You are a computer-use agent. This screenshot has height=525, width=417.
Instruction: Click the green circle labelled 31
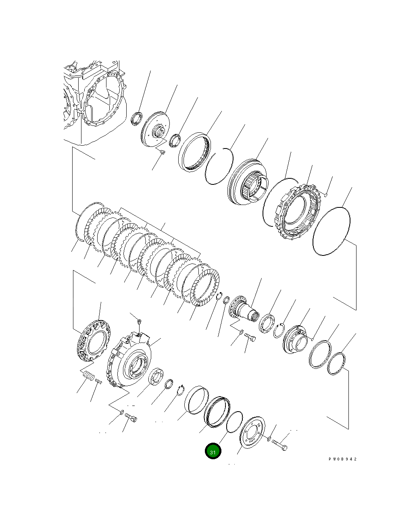coord(213,451)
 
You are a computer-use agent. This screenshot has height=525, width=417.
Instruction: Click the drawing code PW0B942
coord(342,459)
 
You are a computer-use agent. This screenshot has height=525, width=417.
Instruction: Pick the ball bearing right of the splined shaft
coord(266,323)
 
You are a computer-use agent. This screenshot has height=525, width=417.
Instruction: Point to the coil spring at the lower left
coord(88,376)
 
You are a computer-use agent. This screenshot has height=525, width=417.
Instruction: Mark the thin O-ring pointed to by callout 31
coord(234,422)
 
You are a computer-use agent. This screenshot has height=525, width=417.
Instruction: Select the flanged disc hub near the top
coord(155,131)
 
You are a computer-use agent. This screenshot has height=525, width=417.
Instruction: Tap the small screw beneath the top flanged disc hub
coord(162,152)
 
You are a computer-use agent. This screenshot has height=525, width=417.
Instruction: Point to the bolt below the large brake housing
coord(131,417)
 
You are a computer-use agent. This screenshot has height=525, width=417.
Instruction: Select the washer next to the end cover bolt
coord(269,438)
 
